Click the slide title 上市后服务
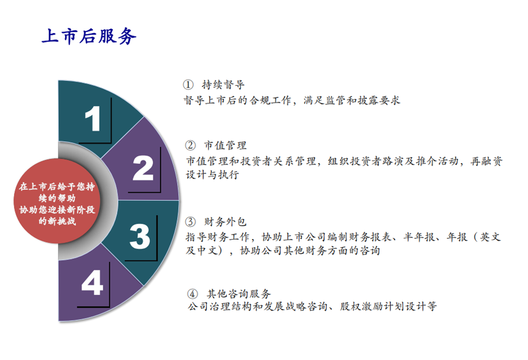[89, 36]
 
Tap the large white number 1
[93, 118]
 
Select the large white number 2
[143, 168]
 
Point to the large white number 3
[140, 236]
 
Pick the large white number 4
[92, 283]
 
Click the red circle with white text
[57, 201]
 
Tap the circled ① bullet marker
[188, 85]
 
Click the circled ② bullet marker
[190, 145]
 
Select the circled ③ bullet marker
[190, 222]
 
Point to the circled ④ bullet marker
[192, 294]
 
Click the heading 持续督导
[223, 85]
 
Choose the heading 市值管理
[225, 145]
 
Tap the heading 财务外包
[225, 222]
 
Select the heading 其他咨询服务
[239, 294]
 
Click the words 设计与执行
[213, 175]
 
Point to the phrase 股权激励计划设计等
[388, 306]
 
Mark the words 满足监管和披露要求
[352, 100]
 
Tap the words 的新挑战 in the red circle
[57, 221]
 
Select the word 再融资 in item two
[486, 161]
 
